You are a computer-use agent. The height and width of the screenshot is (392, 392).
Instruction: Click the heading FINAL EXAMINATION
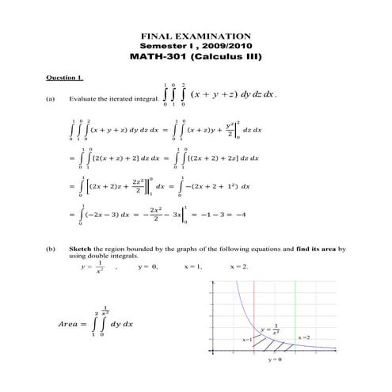tap(196, 36)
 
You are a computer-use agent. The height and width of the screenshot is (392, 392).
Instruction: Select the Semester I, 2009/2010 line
tap(196, 46)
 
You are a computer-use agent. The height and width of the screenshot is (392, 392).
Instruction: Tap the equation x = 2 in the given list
tap(238, 266)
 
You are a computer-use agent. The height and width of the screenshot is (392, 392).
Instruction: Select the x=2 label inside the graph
tap(304, 337)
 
